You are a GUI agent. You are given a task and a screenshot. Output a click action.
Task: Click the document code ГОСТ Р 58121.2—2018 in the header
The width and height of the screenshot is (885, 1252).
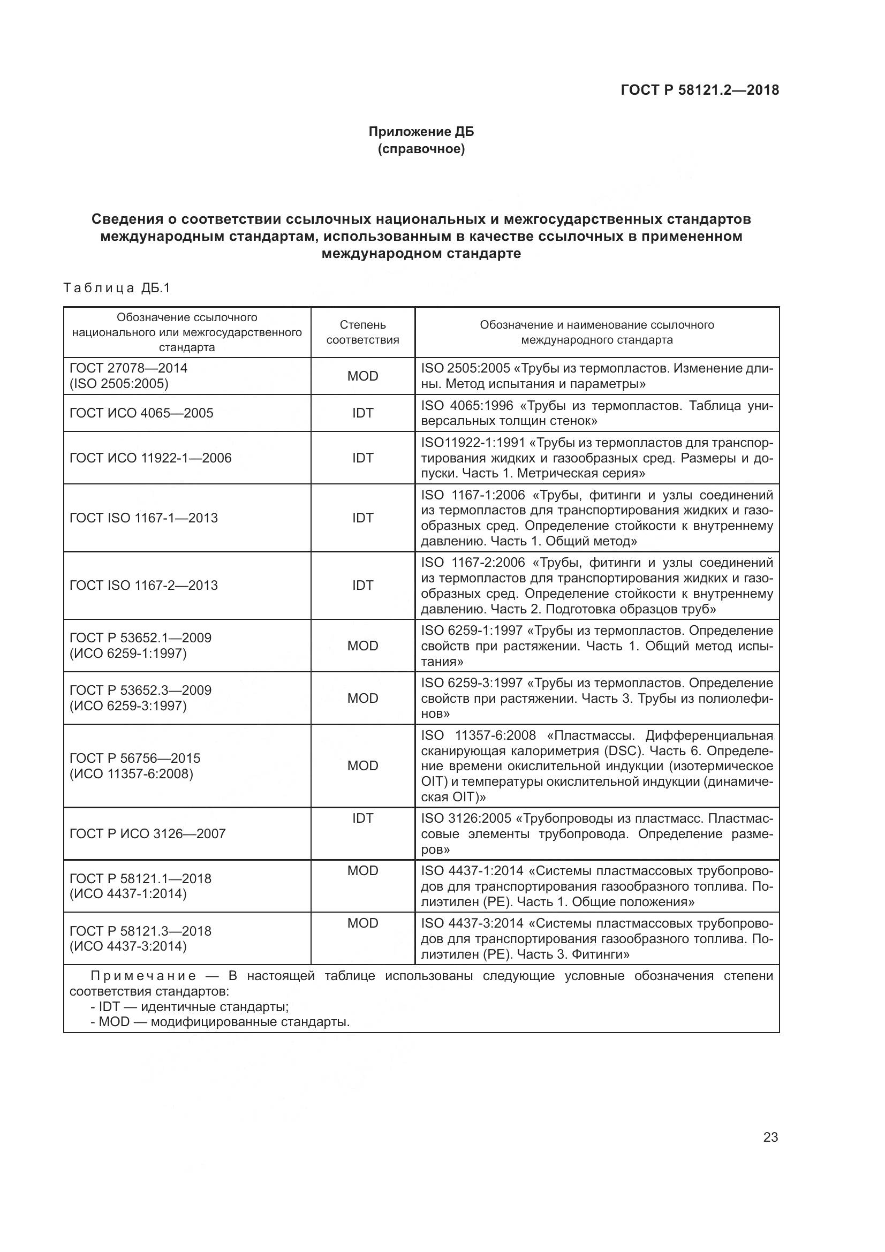pos(700,90)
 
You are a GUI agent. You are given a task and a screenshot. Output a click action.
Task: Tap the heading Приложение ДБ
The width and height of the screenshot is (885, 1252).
pos(421,132)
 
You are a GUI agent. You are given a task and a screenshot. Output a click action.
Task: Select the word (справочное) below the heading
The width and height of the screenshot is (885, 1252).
pos(421,149)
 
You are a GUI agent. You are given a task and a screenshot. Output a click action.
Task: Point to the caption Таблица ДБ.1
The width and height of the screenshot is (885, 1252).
pos(117,288)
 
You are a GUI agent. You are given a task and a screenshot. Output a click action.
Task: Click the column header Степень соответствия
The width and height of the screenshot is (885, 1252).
pos(362,332)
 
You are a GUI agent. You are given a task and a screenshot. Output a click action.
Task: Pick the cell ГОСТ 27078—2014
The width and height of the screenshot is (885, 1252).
pos(128,368)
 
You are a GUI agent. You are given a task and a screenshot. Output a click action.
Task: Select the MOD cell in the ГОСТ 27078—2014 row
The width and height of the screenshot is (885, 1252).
pos(362,376)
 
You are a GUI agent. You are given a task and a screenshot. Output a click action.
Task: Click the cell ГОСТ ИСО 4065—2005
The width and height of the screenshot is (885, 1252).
pos(141,413)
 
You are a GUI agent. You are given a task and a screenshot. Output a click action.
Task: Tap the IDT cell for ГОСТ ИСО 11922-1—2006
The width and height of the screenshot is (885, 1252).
pos(362,458)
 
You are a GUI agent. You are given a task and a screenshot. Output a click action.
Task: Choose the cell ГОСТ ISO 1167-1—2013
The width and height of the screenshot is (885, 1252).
pos(143,518)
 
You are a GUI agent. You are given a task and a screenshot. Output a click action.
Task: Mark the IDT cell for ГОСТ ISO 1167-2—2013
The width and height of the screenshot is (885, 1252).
pos(362,585)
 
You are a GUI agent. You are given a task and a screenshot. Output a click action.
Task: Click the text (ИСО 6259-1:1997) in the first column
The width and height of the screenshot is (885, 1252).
pos(127,653)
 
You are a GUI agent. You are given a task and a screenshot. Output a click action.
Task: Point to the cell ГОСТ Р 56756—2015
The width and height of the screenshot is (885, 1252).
pos(135,758)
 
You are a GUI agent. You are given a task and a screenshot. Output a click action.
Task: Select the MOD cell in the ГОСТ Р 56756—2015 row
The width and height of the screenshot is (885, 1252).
pos(362,765)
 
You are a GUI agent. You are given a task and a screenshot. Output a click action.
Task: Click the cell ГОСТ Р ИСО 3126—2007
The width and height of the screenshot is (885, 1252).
pos(147,833)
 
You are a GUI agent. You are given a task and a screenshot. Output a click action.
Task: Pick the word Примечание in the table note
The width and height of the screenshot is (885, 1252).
pos(143,976)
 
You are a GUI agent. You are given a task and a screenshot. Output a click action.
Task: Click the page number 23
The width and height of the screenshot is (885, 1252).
pos(770,1137)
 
